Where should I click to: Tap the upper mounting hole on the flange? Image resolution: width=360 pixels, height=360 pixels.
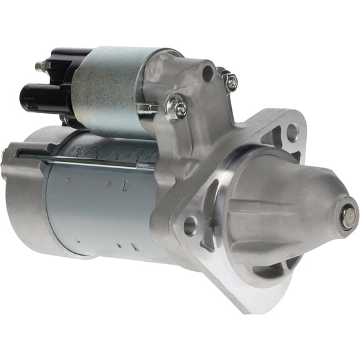291,131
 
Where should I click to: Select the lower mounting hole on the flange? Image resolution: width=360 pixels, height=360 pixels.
190,225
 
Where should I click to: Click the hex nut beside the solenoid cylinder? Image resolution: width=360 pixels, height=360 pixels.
176,110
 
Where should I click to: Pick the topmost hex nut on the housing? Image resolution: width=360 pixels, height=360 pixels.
229,79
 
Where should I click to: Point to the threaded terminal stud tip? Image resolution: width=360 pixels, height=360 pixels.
39,64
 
